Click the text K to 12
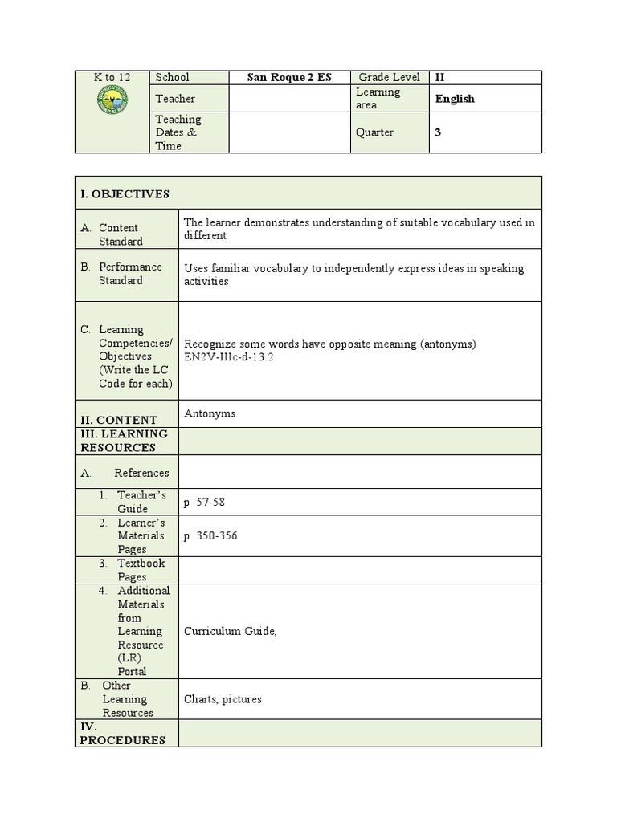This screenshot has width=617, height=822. pyautogui.click(x=112, y=77)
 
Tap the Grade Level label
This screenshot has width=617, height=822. pyautogui.click(x=390, y=77)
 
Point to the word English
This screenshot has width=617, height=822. pyautogui.click(x=455, y=99)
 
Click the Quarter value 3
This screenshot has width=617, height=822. pyautogui.click(x=438, y=132)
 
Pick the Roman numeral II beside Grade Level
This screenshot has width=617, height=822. pyautogui.click(x=439, y=77)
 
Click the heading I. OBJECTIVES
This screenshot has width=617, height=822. pyautogui.click(x=125, y=194)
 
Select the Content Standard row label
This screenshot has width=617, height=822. pyautogui.click(x=120, y=234)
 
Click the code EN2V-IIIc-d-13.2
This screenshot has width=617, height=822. pyautogui.click(x=229, y=357)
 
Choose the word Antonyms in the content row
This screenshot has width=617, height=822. pyautogui.click(x=210, y=413)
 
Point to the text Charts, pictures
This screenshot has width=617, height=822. pyautogui.click(x=223, y=698)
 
